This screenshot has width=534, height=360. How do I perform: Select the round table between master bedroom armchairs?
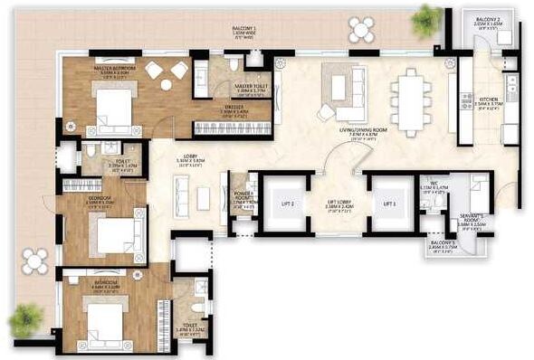(166, 85)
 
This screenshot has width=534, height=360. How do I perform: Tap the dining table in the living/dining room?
(408, 97)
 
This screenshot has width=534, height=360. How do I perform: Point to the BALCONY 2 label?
(487, 18)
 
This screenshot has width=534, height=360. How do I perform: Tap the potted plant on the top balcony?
(424, 17)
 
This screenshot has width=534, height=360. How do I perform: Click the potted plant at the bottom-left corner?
(26, 318)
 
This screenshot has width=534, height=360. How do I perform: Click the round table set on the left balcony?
(34, 261)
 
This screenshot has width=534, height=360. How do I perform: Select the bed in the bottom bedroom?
(106, 317)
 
